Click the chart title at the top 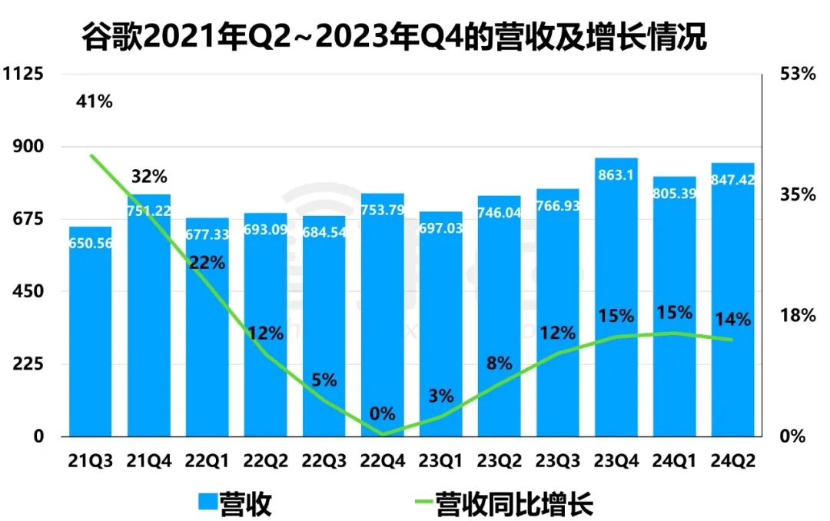coord(393,36)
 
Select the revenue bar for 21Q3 coord(90,338)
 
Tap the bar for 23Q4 coord(616,307)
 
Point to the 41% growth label coord(94,101)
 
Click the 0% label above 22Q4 coord(382,414)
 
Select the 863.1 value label coord(616,175)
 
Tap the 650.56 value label coord(90,242)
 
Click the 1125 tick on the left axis coord(25,75)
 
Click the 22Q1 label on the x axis coord(207,460)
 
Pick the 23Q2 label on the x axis coord(499,460)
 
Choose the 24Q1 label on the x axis coord(674,460)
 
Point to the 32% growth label coord(148,177)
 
